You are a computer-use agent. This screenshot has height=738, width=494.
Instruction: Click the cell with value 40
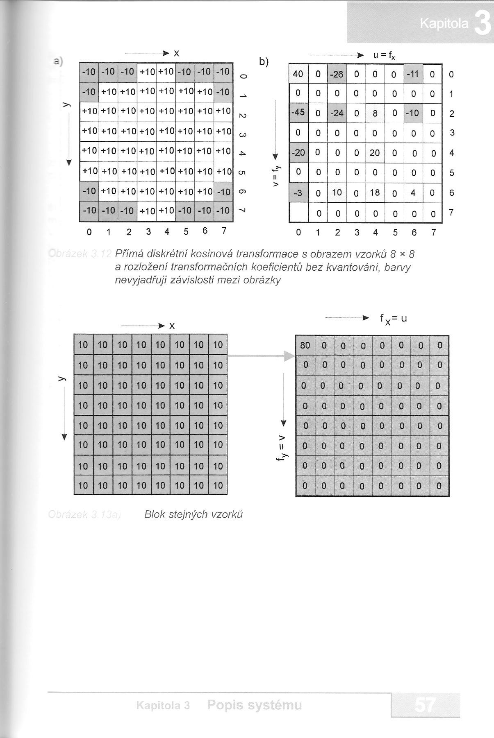[x=298, y=74]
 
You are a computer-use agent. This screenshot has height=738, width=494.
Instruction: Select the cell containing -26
[x=337, y=75]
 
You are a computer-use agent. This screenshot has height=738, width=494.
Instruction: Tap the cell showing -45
[x=298, y=112]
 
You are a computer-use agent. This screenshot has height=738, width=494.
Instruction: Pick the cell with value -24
[x=337, y=113]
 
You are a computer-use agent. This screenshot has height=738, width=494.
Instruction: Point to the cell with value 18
[x=375, y=192]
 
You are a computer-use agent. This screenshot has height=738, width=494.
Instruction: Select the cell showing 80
[x=305, y=345]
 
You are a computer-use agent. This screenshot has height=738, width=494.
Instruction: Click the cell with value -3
[x=298, y=193]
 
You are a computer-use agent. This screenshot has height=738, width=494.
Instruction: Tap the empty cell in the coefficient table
[x=298, y=213]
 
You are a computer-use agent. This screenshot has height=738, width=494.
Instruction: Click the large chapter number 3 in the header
[x=483, y=23]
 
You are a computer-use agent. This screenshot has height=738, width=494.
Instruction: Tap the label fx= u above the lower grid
[x=393, y=319]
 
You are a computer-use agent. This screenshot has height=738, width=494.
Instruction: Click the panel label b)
[x=264, y=62]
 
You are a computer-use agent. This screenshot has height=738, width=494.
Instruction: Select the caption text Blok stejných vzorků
[x=194, y=514]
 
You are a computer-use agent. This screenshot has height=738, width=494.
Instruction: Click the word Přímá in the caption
[x=128, y=254]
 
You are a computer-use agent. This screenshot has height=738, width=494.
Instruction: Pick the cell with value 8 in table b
[x=375, y=113]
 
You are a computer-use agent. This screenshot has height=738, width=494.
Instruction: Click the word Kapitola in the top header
[x=444, y=24]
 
